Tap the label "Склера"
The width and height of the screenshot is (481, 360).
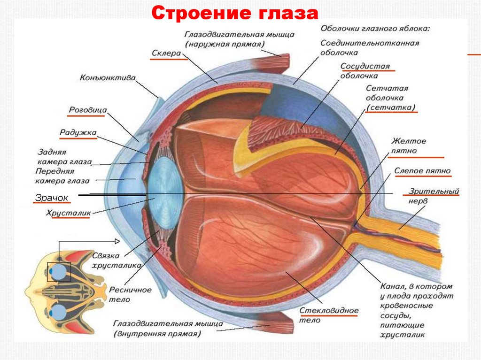[x=166, y=54]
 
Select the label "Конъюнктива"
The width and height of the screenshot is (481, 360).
[x=108, y=77]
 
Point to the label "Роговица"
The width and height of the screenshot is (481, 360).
[x=88, y=110]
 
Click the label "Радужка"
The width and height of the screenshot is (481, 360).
[x=78, y=133]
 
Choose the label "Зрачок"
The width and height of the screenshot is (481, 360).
[x=51, y=198]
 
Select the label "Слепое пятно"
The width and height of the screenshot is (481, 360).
[x=422, y=171]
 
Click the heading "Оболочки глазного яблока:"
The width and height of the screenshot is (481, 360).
[x=376, y=29]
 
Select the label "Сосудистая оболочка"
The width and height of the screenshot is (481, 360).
[x=365, y=71]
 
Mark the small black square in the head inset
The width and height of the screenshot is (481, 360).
[x=59, y=272]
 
